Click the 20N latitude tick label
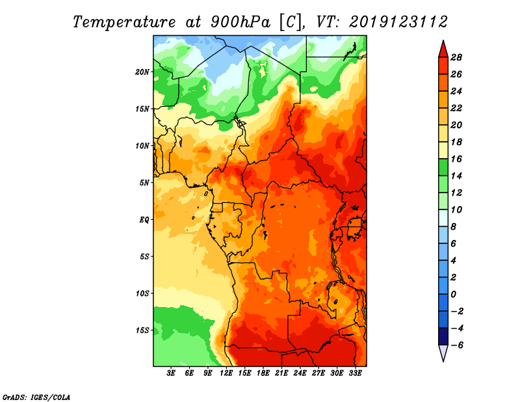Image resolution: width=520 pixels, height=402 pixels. coord(142,72)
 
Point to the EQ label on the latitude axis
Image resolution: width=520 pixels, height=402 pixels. coord(144,220)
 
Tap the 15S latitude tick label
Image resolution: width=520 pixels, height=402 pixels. coord(142,330)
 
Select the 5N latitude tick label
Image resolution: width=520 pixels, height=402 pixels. coord(144,183)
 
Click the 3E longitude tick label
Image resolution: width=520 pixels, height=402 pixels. coord(171,373)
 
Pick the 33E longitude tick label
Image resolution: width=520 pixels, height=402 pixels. coord(355,373)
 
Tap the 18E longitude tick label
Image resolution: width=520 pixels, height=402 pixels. coord(263,373)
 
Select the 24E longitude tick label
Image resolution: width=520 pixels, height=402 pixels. coord(300,373)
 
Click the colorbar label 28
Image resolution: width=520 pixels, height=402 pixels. coord(456,57)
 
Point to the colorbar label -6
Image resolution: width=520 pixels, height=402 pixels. coord(456,345)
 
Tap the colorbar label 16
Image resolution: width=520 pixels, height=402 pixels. coord(456,159)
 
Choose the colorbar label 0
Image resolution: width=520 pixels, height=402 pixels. coord(453,295)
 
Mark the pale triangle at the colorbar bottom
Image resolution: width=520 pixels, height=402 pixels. coord(443,352)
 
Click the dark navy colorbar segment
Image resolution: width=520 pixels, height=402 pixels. coord(443,336)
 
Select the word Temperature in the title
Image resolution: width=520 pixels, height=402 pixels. coord(124,22)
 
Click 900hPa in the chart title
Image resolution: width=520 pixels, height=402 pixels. coord(240,22)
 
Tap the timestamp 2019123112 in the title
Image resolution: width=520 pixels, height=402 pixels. coord(398,22)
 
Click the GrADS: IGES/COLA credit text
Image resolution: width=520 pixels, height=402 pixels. coord(36,397)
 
